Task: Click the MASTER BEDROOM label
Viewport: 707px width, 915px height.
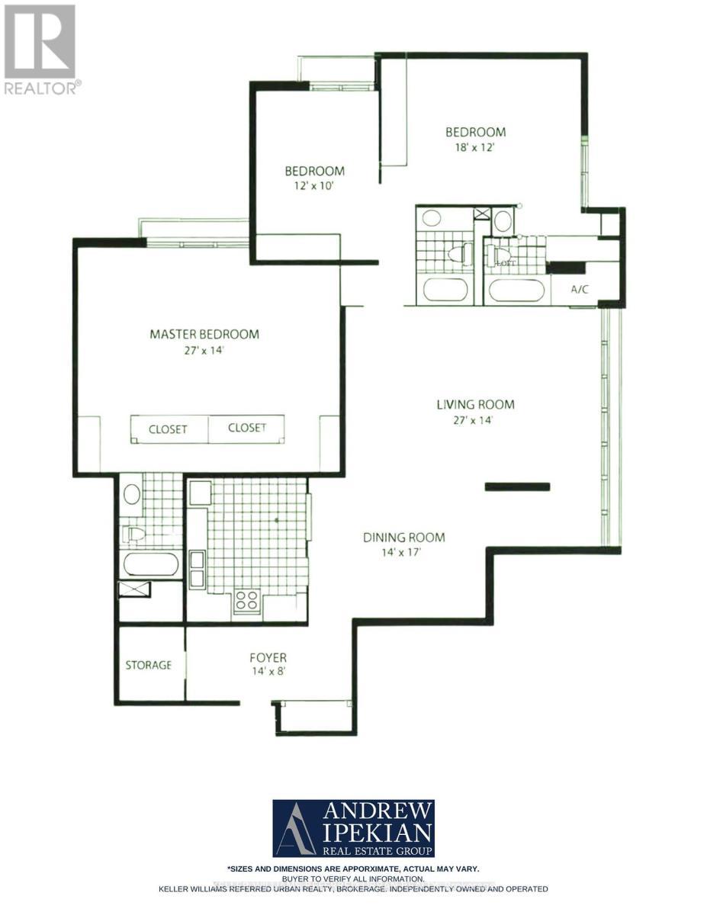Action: (204, 334)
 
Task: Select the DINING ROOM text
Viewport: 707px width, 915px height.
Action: (403, 538)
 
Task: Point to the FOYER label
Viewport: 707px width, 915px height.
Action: (268, 657)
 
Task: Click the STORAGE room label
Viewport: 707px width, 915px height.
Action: (149, 665)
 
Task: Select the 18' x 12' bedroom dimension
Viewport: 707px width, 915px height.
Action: (476, 148)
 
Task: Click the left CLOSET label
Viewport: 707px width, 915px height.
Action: (168, 429)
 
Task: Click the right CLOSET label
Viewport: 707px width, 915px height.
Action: (247, 429)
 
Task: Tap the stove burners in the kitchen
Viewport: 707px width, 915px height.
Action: (247, 601)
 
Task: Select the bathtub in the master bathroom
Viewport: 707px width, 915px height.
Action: (151, 565)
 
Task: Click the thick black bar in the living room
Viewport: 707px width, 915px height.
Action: (517, 486)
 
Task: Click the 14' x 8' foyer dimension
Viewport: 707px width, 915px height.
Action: (268, 672)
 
